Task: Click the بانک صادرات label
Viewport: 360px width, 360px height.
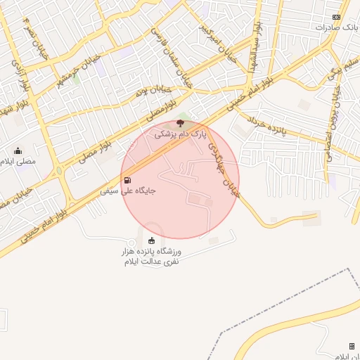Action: click(x=336, y=27)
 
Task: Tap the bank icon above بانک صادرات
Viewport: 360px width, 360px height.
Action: click(x=336, y=17)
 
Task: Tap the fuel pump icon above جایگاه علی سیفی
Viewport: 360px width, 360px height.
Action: click(x=127, y=180)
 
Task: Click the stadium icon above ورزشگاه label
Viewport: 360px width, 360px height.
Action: click(x=152, y=242)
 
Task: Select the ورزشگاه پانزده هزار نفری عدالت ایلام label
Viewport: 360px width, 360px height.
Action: click(x=152, y=257)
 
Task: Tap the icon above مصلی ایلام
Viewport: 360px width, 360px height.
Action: click(x=18, y=150)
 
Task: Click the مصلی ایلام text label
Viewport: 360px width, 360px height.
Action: click(x=18, y=161)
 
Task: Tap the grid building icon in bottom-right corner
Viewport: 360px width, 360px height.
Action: click(x=351, y=346)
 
